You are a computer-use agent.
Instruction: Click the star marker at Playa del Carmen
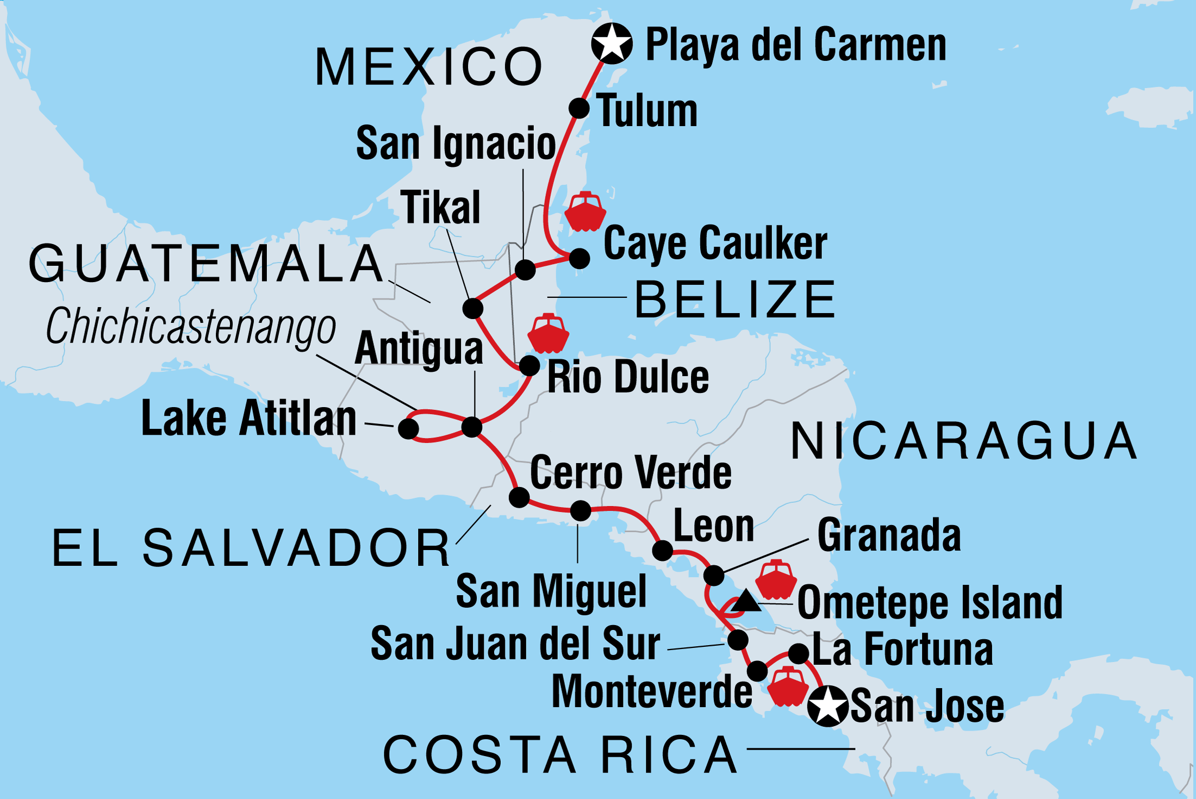[612, 44]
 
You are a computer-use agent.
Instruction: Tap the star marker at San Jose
[827, 706]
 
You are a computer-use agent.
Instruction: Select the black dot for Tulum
[579, 108]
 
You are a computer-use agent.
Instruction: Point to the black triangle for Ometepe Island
[745, 602]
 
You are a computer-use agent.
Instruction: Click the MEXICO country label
[429, 67]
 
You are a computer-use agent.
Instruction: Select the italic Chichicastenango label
[191, 327]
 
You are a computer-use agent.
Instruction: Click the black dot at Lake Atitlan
[408, 428]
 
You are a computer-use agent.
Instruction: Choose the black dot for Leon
[662, 551]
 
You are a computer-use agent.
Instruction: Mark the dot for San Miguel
[581, 510]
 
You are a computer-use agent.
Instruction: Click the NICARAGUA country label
[963, 441]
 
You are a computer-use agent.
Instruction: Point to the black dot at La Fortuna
[798, 653]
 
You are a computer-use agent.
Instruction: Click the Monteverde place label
[652, 692]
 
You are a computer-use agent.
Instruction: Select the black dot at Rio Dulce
[530, 366]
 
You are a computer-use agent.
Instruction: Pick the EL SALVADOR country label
[251, 548]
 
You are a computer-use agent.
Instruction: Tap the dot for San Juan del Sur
[738, 640]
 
